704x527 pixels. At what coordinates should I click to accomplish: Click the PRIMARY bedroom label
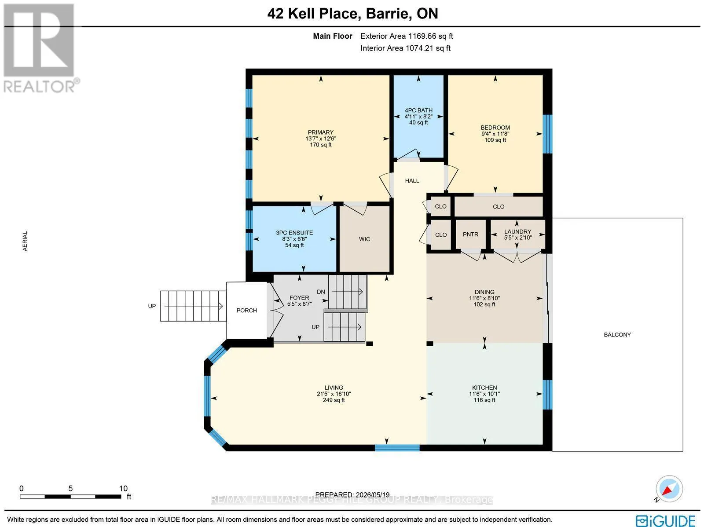(x=320, y=132)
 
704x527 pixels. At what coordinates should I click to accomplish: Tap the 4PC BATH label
(x=418, y=110)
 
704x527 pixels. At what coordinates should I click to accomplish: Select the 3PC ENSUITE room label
(x=294, y=233)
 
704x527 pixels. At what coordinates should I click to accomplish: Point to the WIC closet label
(x=364, y=239)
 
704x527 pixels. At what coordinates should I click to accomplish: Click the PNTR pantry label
(x=470, y=234)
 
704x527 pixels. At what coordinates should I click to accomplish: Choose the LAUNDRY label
(x=517, y=231)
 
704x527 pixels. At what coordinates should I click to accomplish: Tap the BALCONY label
(x=617, y=335)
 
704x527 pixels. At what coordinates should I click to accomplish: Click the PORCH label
(x=247, y=310)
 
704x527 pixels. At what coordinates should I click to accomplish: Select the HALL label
(x=412, y=181)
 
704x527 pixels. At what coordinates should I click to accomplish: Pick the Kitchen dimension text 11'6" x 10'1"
(x=484, y=394)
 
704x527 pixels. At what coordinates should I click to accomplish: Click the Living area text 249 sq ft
(x=334, y=400)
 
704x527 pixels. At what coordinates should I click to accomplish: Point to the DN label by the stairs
(x=321, y=292)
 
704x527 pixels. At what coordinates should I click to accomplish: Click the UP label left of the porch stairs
(x=152, y=306)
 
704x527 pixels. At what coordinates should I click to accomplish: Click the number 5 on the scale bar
(x=70, y=489)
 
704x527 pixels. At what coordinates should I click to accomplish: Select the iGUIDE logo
(x=666, y=520)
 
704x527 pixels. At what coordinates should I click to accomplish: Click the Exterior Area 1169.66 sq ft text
(x=407, y=36)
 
